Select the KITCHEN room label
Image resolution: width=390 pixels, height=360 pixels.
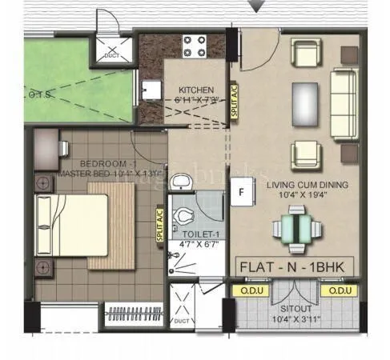[x=195, y=90]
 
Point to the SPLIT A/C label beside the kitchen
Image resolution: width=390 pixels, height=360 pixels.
[x=235, y=102]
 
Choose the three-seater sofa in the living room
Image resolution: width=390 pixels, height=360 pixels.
[x=344, y=92]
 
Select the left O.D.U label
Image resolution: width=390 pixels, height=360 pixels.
[x=245, y=291]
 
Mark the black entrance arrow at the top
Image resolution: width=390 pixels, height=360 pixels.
[x=256, y=6]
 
